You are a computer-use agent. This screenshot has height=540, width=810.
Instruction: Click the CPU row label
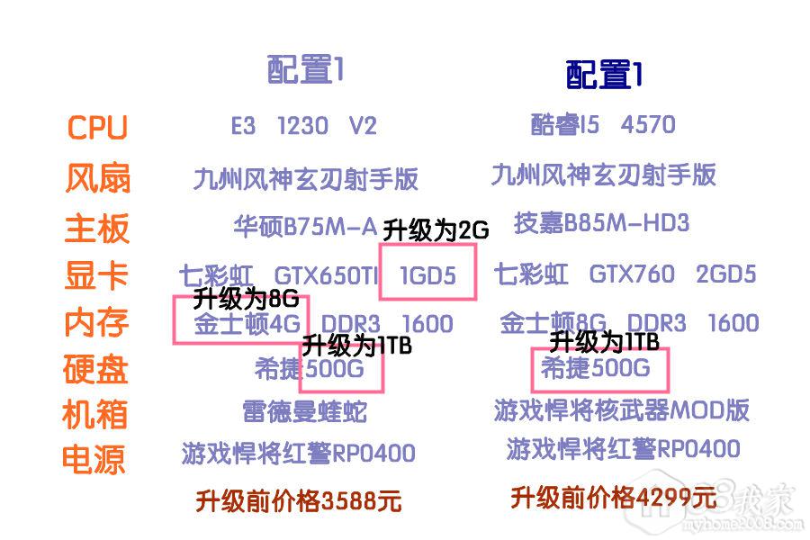97,128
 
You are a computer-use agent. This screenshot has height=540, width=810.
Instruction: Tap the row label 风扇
97,177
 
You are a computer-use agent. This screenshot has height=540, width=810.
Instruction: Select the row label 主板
96,228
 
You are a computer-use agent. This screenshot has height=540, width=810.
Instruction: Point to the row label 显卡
96,275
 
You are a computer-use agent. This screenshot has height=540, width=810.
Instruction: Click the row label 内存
96,322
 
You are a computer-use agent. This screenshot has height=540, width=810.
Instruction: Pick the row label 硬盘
94,369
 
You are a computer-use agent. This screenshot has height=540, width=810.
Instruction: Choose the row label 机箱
94,415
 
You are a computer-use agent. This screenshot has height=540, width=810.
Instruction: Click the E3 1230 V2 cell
303,126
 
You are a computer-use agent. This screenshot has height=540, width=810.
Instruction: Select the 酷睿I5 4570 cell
603,124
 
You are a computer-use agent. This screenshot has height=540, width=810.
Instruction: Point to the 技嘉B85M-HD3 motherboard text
601,222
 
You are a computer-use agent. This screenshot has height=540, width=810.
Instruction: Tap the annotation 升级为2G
436,230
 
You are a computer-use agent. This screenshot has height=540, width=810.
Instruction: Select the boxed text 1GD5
427,275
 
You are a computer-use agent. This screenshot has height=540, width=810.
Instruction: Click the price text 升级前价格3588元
298,500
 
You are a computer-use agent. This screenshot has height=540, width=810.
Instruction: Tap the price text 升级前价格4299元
613,497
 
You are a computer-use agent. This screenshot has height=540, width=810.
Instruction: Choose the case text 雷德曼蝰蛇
304,412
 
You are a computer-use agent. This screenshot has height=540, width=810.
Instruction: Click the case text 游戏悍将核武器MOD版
622,409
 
